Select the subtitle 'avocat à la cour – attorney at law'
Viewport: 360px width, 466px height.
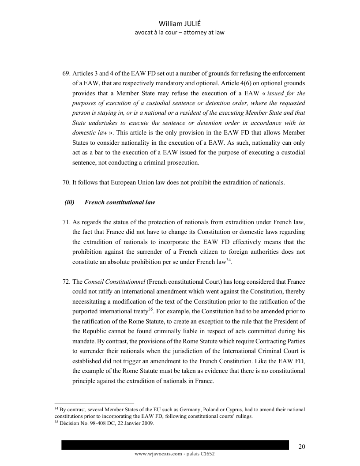click(180, 33)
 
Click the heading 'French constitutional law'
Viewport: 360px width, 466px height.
click(120, 203)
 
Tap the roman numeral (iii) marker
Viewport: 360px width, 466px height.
click(69, 203)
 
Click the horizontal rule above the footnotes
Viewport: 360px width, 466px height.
click(94, 403)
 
